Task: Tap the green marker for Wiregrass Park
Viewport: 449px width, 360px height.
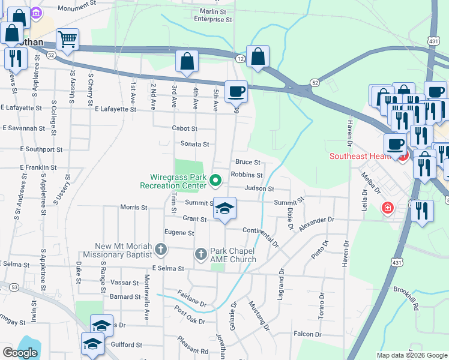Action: [217, 179]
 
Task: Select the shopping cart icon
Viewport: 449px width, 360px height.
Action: [67, 40]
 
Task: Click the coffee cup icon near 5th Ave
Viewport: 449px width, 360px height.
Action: [236, 91]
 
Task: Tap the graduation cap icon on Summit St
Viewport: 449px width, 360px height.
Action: [224, 208]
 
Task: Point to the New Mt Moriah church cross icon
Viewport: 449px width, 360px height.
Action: [160, 248]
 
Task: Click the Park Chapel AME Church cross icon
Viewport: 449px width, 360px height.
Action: [202, 254]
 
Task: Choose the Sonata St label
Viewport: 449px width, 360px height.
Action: [194, 144]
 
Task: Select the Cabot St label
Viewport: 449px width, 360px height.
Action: [184, 128]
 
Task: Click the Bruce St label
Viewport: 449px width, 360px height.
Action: [247, 162]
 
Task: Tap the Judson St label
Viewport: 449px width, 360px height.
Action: [259, 188]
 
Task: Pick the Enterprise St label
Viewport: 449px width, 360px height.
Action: [208, 19]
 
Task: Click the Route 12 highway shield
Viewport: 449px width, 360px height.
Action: [240, 58]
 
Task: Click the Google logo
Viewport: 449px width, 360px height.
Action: [20, 353]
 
